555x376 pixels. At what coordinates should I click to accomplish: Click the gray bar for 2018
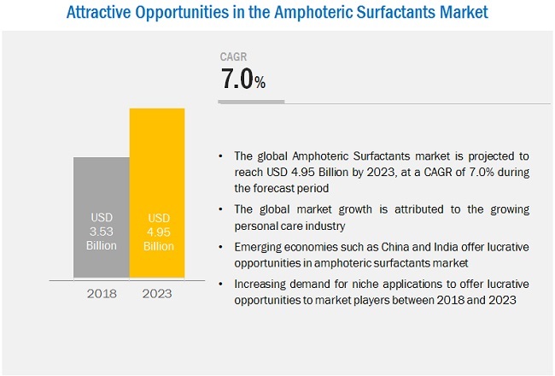pyautogui.click(x=100, y=217)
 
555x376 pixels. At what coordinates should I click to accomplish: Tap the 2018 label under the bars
pyautogui.click(x=101, y=293)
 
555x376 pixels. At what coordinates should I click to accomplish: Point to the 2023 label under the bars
pyautogui.click(x=156, y=293)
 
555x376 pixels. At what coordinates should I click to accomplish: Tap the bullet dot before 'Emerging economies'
pyautogui.click(x=222, y=246)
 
